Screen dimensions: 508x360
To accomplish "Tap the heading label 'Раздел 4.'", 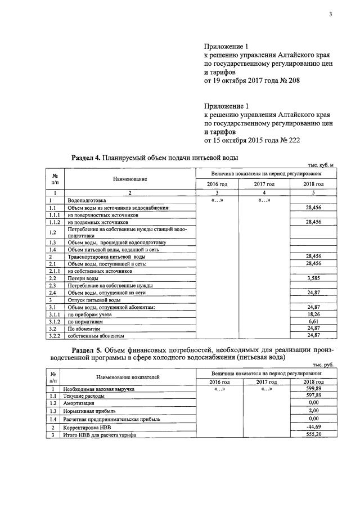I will pyautogui.click(x=86, y=157).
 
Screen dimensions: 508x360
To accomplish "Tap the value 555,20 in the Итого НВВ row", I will pyautogui.click(x=313, y=435).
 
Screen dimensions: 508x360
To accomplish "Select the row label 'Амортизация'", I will pyautogui.click(x=79, y=403).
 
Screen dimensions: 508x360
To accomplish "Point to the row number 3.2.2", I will pyautogui.click(x=55, y=336).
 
